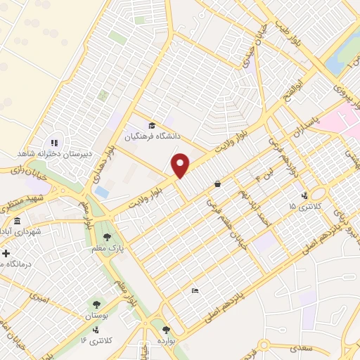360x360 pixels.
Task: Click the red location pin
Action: (181, 165)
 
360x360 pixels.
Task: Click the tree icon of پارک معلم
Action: (107, 237)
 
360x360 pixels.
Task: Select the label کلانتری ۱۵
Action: (304, 207)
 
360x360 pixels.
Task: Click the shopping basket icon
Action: (217, 184)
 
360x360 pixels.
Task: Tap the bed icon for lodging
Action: (195, 291)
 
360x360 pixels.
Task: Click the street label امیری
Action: (39, 298)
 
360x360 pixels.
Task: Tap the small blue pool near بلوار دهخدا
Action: (102, 191)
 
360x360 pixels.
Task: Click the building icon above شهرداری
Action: (18, 221)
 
